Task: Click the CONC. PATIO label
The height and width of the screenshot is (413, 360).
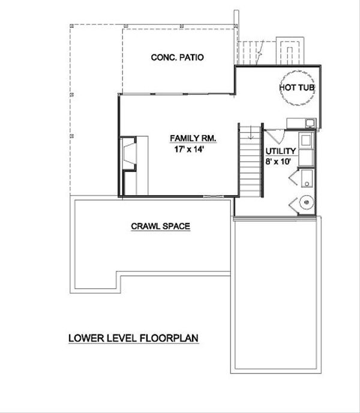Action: click(x=176, y=58)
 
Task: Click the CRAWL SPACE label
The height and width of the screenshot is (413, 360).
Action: click(x=160, y=226)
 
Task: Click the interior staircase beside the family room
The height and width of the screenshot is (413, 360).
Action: click(x=250, y=160)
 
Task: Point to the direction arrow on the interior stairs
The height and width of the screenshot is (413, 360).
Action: click(x=250, y=150)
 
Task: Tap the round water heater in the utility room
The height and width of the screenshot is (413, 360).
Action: click(x=306, y=203)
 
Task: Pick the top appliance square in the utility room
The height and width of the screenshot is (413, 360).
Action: click(x=305, y=142)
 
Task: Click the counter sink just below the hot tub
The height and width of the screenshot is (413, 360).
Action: click(x=309, y=124)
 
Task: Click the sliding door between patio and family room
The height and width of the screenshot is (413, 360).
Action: click(x=177, y=94)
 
